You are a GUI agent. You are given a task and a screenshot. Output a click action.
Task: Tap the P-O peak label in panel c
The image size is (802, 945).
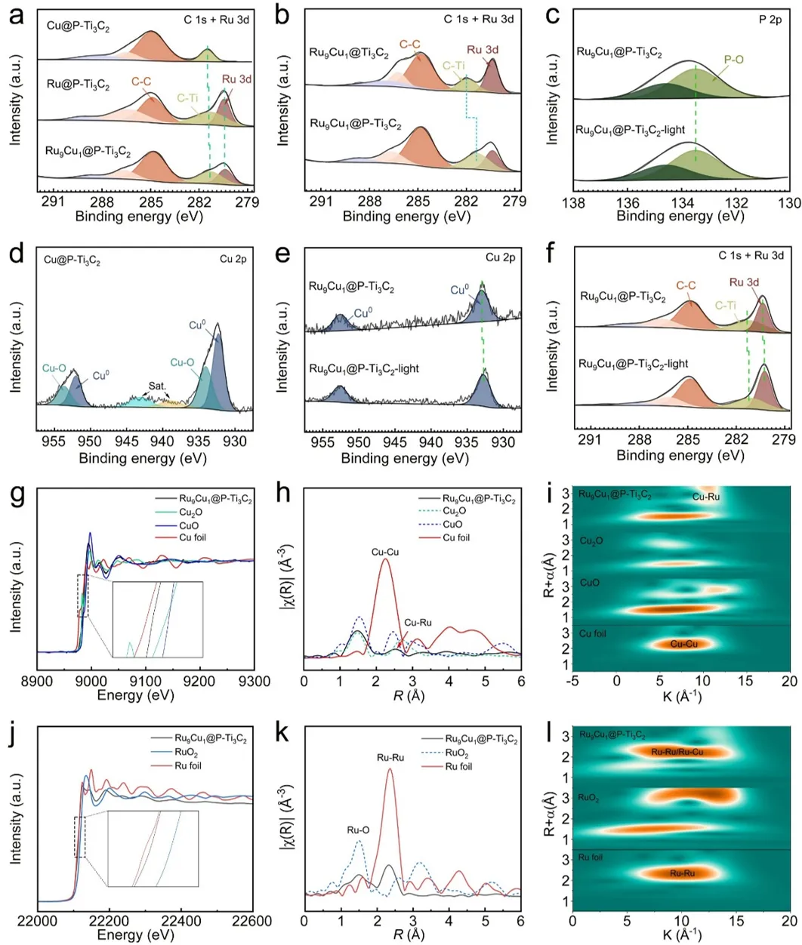[734, 59]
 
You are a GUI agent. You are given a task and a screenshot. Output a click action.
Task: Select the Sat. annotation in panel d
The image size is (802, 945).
[157, 386]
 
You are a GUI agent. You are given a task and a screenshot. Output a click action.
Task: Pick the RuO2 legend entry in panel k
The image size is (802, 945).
[456, 753]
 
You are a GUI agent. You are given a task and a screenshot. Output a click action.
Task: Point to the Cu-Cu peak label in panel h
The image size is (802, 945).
[386, 553]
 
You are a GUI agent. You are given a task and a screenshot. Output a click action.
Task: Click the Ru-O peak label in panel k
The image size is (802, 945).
[358, 830]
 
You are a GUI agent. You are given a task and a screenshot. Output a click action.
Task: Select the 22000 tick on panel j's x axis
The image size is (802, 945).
[38, 922]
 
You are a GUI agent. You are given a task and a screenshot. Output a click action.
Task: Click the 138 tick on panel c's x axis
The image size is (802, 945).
[575, 202]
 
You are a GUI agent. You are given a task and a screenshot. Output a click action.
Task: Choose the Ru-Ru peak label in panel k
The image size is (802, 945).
[390, 757]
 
